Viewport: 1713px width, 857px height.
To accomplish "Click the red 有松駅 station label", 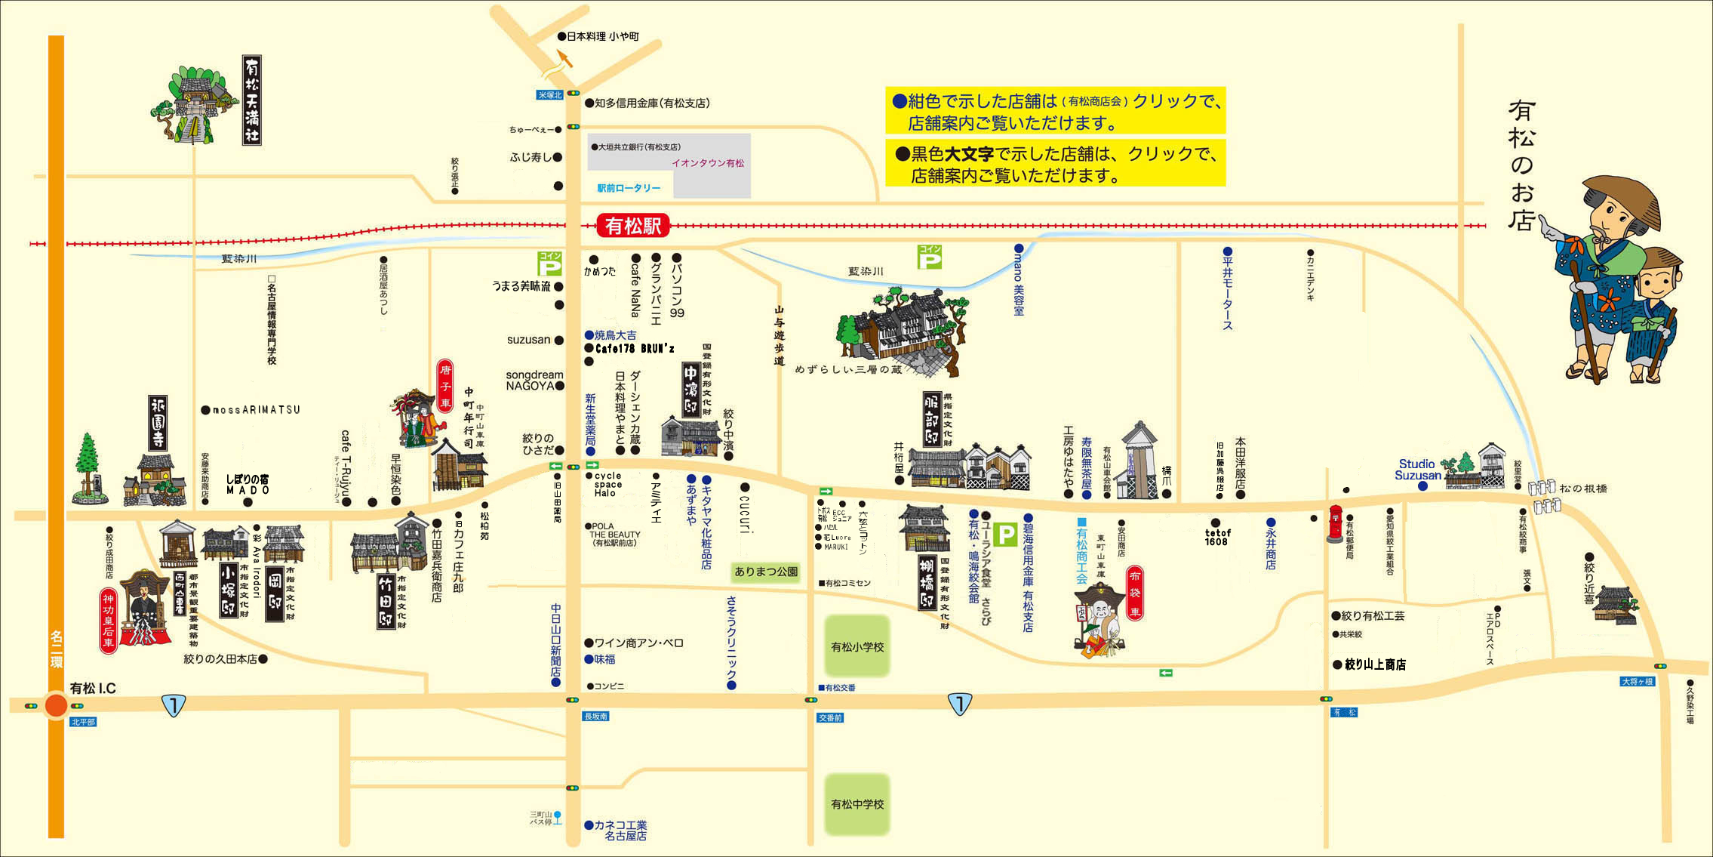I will (x=633, y=225).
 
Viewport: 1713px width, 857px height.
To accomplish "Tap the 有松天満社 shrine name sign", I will (x=252, y=100).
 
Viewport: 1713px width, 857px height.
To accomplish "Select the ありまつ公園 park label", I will (x=766, y=572).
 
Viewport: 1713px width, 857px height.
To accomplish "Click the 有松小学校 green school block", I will (x=857, y=646).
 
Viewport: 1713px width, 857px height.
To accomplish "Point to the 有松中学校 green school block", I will (x=857, y=804).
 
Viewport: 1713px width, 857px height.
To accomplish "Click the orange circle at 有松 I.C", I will (x=57, y=705).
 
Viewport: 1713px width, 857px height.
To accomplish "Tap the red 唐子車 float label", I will (x=446, y=386).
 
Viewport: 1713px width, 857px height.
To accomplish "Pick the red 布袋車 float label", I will (x=1135, y=593).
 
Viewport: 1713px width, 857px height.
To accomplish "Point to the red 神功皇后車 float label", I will (x=109, y=621).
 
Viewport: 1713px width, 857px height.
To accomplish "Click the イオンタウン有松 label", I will (x=708, y=163).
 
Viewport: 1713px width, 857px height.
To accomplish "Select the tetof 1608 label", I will (x=1217, y=537).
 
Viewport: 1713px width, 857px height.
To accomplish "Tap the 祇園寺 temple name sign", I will (x=158, y=422).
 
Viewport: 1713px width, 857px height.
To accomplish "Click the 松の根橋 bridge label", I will (x=1583, y=489).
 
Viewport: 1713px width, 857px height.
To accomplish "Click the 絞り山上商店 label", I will (x=1375, y=664).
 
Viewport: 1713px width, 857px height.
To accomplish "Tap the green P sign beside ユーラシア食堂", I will (x=1005, y=535).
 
